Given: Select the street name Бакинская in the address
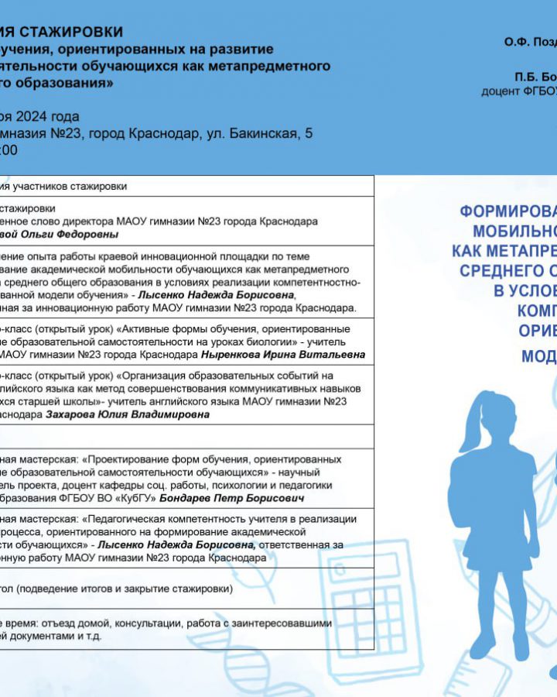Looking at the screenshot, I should (x=260, y=133).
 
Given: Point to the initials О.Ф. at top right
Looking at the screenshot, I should (x=516, y=42).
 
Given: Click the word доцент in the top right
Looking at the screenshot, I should (x=499, y=91).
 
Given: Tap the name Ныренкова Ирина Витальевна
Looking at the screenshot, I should (x=283, y=355).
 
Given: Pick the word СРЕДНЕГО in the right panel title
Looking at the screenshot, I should (x=503, y=270).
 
